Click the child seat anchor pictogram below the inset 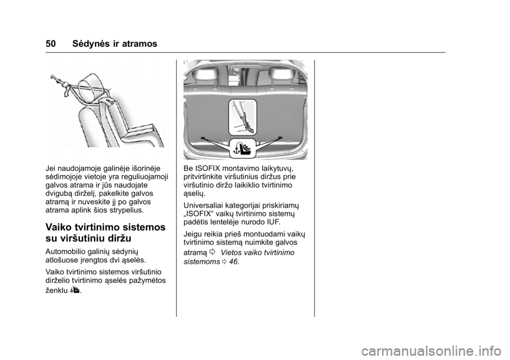(x=242, y=148)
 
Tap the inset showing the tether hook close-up (x=242, y=117)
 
